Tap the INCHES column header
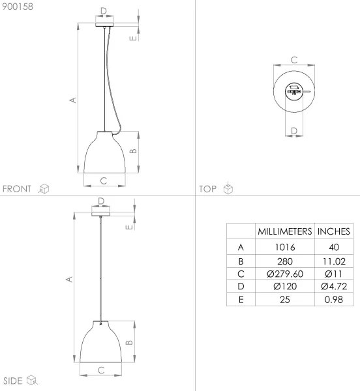[333, 231]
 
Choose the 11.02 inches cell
[333, 261]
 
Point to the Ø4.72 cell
[333, 287]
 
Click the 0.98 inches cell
[333, 300]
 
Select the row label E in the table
[241, 300]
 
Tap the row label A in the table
[241, 248]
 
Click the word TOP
[208, 189]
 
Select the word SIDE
[13, 379]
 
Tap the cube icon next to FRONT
[44, 189]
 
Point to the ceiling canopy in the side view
[101, 213]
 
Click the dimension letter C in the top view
[293, 59]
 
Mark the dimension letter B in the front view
[132, 152]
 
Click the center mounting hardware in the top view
[293, 92]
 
